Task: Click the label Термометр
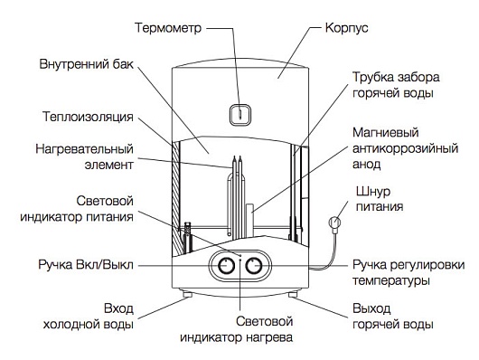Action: (x=168, y=28)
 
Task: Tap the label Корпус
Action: (x=347, y=28)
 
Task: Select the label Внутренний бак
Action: (x=87, y=64)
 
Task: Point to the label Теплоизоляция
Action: (x=88, y=117)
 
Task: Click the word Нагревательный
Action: (x=85, y=149)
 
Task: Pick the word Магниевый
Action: (x=386, y=133)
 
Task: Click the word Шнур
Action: (x=373, y=192)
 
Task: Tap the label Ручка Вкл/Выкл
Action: (x=86, y=264)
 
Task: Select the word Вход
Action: (x=118, y=308)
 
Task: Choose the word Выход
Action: (x=371, y=308)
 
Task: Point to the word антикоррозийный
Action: (x=406, y=149)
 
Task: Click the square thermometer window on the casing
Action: (x=240, y=115)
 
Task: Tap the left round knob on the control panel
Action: (x=226, y=266)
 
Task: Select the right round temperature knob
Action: (x=254, y=266)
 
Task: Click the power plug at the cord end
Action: (x=334, y=223)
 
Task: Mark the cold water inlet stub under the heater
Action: (x=187, y=294)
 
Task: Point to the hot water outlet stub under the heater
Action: (x=292, y=294)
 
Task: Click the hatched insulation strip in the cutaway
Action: (x=176, y=195)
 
